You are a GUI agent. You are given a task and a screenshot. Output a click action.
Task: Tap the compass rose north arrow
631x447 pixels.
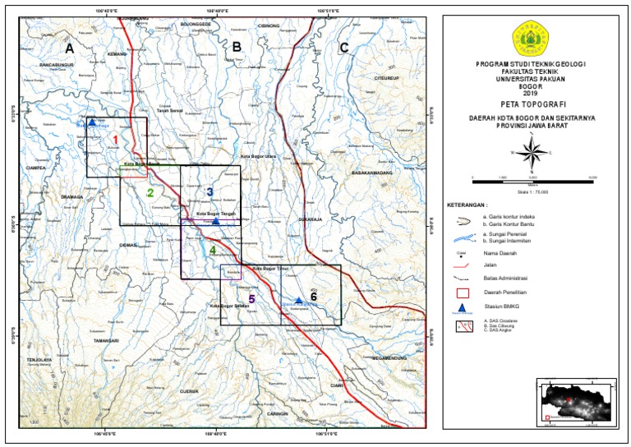532,151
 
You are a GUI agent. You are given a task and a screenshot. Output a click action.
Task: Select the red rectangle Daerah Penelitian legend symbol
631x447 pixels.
463,292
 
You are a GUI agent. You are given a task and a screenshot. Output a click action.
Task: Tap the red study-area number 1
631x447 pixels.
116,141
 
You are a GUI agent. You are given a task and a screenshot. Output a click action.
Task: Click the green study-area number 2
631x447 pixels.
150,194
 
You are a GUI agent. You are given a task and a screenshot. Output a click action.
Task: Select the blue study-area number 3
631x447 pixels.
210,192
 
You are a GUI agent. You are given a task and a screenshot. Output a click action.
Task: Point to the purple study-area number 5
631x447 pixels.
252,298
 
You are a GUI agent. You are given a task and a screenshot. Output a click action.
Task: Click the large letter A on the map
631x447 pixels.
70,48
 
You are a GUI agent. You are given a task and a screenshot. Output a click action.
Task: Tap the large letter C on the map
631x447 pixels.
343,48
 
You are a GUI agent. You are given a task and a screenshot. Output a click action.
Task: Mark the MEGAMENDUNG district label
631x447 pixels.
395,359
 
